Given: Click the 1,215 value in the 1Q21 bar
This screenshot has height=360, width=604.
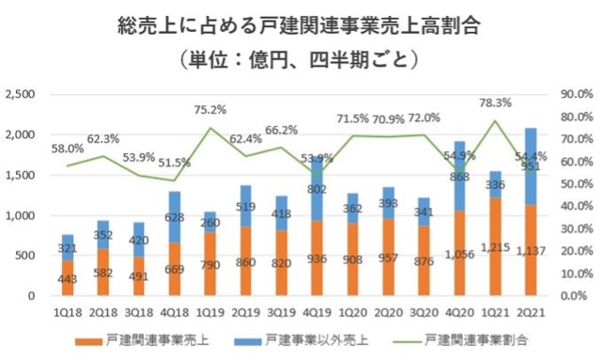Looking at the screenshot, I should coord(495,277).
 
